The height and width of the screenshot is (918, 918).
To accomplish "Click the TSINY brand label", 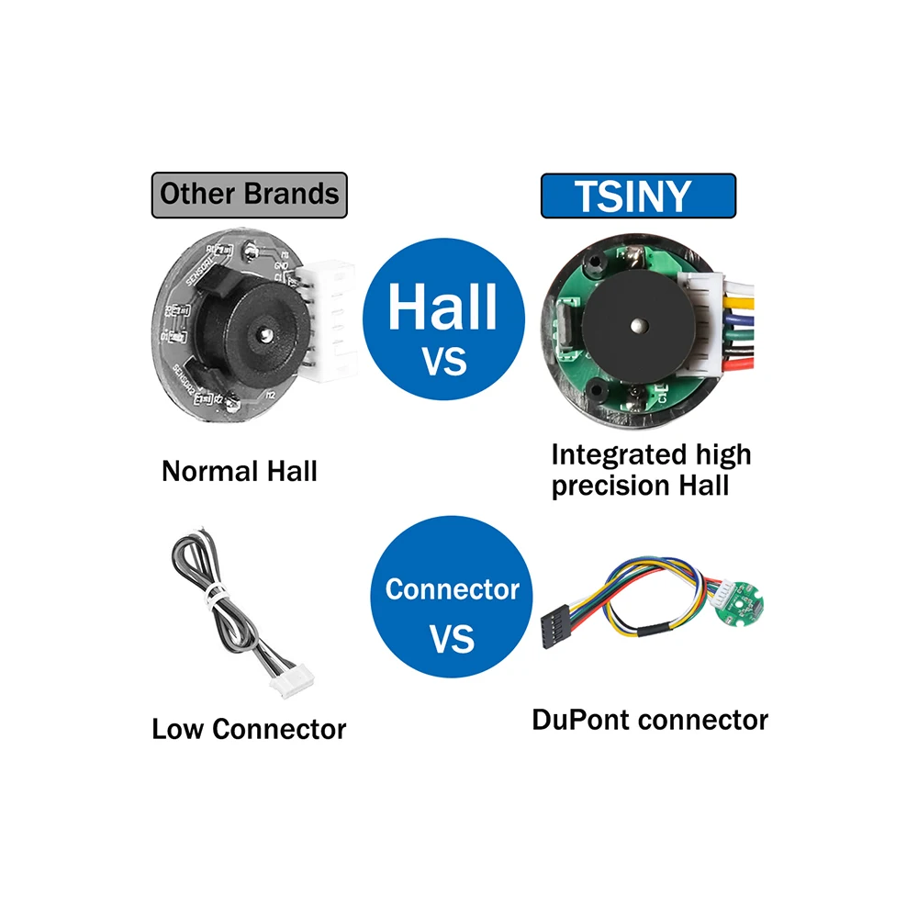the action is point(638,196).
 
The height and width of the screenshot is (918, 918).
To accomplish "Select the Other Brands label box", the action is point(249,195).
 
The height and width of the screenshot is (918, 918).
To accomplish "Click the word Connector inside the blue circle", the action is point(452,589).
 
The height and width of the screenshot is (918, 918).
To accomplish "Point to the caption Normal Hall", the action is point(239,472).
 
